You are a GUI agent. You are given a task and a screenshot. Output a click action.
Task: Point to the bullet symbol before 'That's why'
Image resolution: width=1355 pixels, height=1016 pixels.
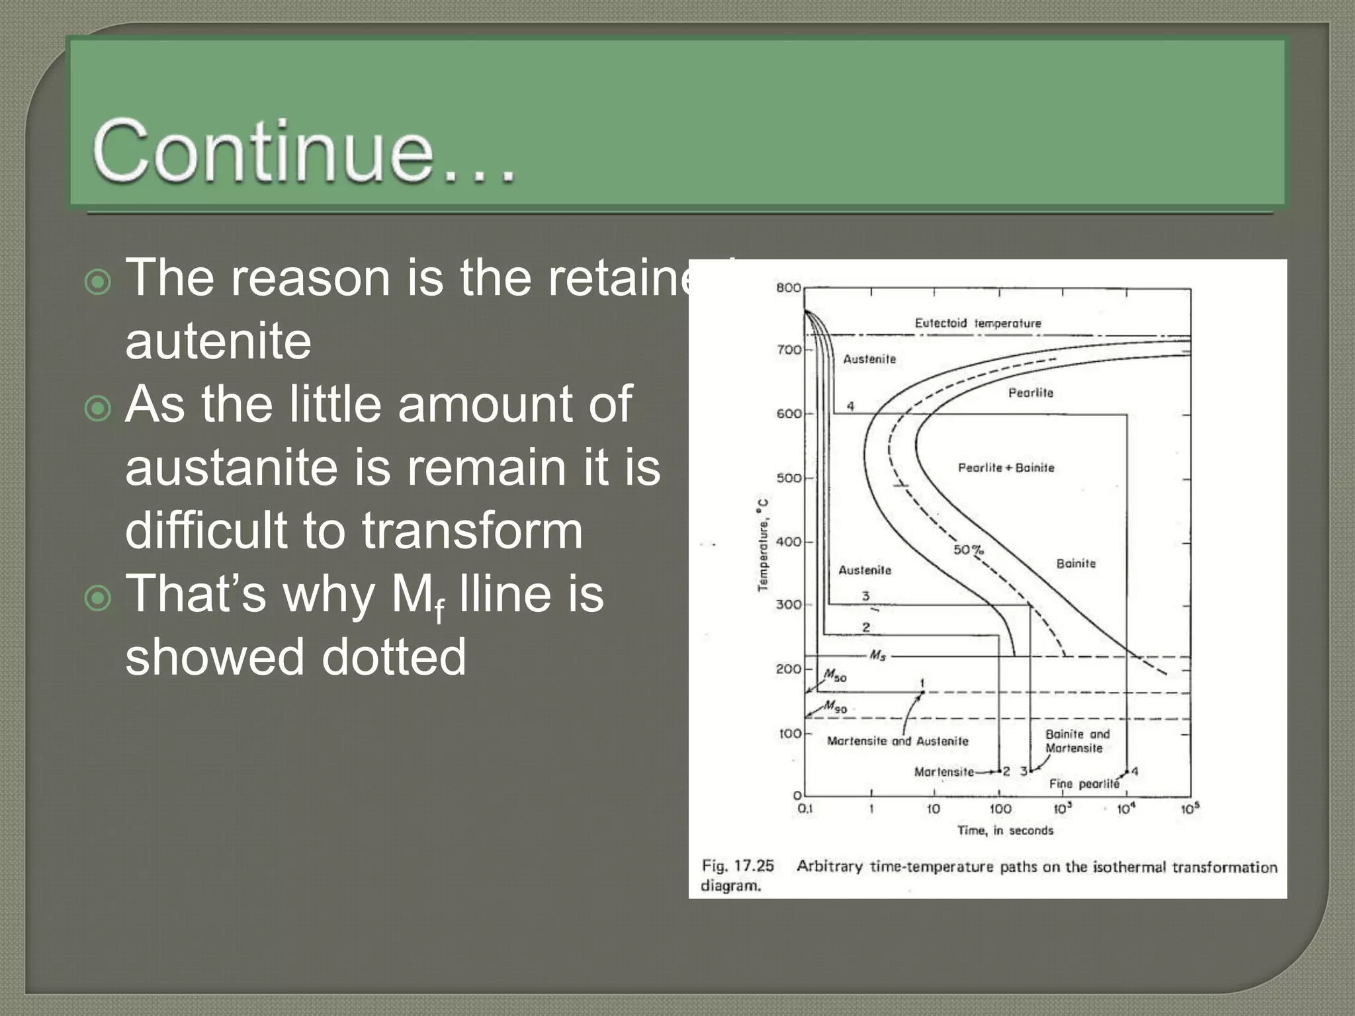99,599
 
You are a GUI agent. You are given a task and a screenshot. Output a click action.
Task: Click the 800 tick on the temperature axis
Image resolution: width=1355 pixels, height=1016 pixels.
788,288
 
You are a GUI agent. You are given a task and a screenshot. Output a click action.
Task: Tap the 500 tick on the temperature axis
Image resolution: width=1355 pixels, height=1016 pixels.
788,478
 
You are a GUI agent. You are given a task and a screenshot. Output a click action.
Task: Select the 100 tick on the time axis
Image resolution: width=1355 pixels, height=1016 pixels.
1000,809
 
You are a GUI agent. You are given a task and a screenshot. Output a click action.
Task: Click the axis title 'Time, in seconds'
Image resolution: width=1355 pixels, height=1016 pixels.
1004,831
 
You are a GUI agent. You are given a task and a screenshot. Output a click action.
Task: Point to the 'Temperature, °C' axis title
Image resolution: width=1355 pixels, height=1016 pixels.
764,544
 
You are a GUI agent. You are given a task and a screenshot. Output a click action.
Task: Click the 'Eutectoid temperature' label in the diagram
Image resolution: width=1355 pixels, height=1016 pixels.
977,323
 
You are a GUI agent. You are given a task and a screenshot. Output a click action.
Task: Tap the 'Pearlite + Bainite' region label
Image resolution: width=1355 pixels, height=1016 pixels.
1006,468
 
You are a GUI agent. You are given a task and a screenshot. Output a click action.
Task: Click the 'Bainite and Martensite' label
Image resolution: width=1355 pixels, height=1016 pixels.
1076,741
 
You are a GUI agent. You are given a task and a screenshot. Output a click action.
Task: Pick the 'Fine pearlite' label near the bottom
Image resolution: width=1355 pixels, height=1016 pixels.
1084,784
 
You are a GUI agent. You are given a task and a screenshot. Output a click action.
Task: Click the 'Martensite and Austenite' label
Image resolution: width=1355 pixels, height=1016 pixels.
897,741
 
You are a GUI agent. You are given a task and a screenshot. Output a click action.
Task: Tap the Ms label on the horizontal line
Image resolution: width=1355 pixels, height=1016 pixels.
877,656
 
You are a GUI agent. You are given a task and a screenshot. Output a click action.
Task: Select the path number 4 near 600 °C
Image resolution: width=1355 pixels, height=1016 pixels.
850,406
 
